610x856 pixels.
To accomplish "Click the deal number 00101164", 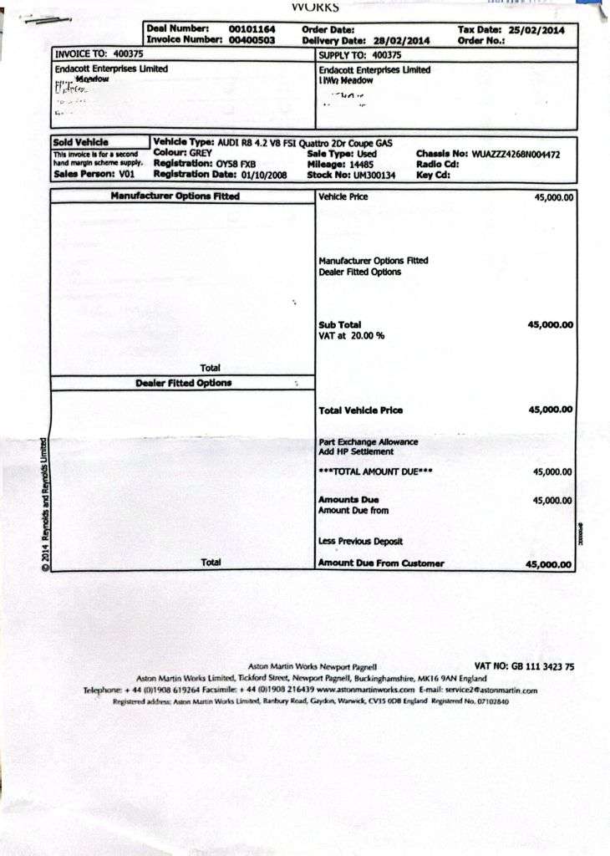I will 252,29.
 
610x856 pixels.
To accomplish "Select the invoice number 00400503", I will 252,39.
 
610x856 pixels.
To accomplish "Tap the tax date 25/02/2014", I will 536,29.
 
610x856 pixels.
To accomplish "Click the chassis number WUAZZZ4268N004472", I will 516,155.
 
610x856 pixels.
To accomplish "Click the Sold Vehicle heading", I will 81,143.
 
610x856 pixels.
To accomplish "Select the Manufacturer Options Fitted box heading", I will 175,196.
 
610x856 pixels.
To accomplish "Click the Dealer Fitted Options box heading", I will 184,383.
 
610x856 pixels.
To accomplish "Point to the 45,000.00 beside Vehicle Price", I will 553,198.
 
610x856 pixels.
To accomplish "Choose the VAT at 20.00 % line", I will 351,336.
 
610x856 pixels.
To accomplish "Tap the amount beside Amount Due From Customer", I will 549,564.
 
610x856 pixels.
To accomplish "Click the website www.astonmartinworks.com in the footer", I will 365,690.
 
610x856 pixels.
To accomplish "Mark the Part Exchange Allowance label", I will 369,441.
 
